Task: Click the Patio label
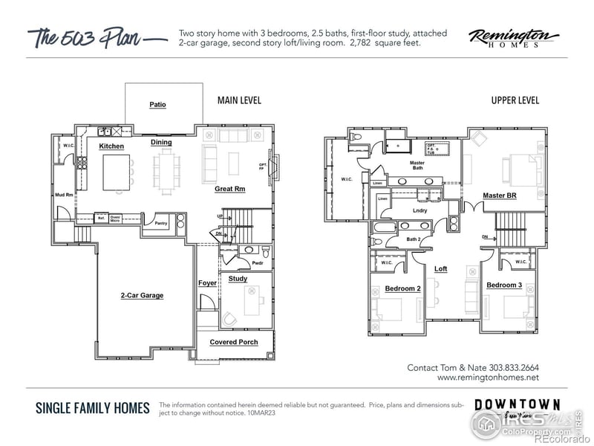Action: (157, 105)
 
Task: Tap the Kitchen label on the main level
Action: (111, 146)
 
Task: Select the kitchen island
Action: (117, 172)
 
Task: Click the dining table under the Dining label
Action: (166, 169)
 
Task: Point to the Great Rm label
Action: (229, 189)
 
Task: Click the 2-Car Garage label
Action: (142, 295)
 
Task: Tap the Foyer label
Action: (207, 283)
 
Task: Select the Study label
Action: (238, 279)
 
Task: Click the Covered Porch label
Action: (234, 342)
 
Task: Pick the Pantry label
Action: (160, 223)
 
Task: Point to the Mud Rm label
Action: (64, 195)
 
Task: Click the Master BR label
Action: (499, 195)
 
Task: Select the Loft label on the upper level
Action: (440, 269)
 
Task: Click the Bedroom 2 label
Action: (402, 288)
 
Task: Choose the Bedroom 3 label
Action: (504, 285)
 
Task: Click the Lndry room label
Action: (420, 211)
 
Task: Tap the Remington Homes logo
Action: (514, 38)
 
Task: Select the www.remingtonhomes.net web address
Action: (488, 378)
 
